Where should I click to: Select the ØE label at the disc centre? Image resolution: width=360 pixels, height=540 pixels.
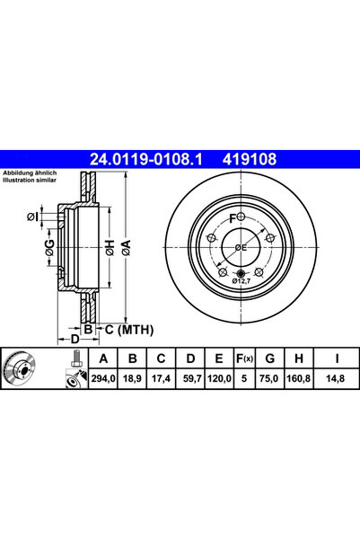click(x=241, y=247)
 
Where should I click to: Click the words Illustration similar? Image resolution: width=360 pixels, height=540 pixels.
click(x=31, y=179)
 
